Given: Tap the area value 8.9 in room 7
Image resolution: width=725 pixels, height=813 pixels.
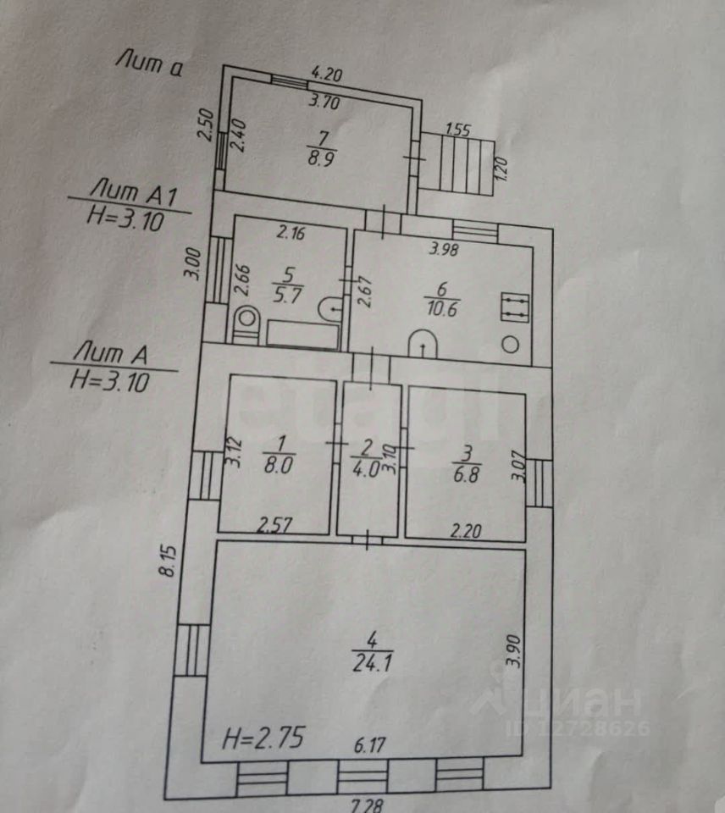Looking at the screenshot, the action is coord(319,158).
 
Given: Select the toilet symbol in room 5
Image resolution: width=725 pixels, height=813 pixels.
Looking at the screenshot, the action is coord(246,323).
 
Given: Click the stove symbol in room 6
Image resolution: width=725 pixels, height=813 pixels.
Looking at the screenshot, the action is coord(514,307).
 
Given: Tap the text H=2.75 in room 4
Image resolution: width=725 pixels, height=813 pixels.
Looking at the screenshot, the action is coord(263,738).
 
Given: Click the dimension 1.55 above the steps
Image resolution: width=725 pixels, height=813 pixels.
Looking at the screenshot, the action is coord(457,130).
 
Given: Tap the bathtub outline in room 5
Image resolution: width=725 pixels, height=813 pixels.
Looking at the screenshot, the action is coord(302,334).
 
